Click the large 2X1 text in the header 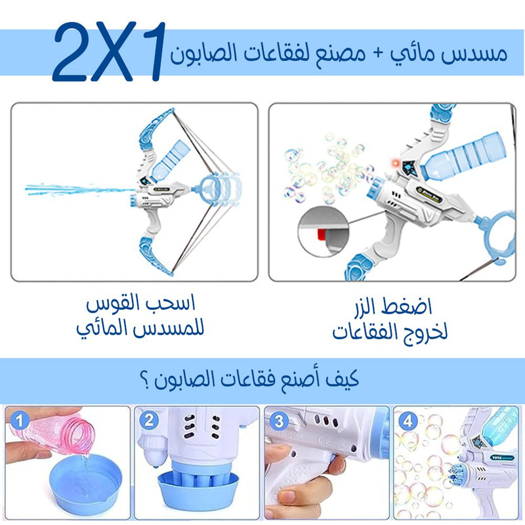(109, 52)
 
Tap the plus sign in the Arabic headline (378, 54)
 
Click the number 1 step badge (19, 421)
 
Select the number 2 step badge (149, 420)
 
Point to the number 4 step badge (408, 421)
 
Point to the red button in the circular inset (322, 235)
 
